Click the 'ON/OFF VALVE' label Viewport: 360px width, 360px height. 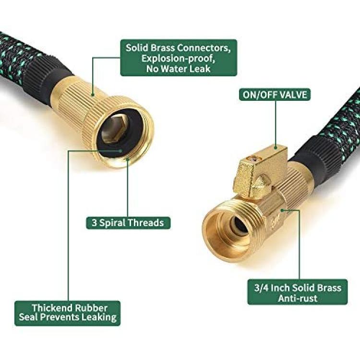(x=275, y=95)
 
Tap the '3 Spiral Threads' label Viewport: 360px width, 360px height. (x=128, y=223)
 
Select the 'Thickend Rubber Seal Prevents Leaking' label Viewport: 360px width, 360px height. (x=68, y=313)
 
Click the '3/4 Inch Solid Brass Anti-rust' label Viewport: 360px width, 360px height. (x=298, y=293)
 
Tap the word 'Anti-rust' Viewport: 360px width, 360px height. (x=298, y=298)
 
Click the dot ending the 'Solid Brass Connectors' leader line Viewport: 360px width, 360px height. (x=93, y=95)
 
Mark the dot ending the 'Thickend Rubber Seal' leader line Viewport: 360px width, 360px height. (x=121, y=151)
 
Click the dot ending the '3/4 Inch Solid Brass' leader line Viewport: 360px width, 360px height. (x=282, y=210)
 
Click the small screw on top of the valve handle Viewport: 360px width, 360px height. (x=253, y=158)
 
